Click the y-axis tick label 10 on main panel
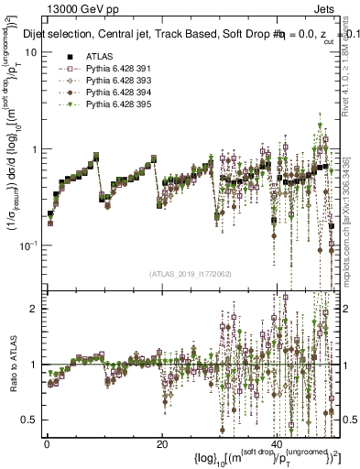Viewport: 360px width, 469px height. [31, 52]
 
